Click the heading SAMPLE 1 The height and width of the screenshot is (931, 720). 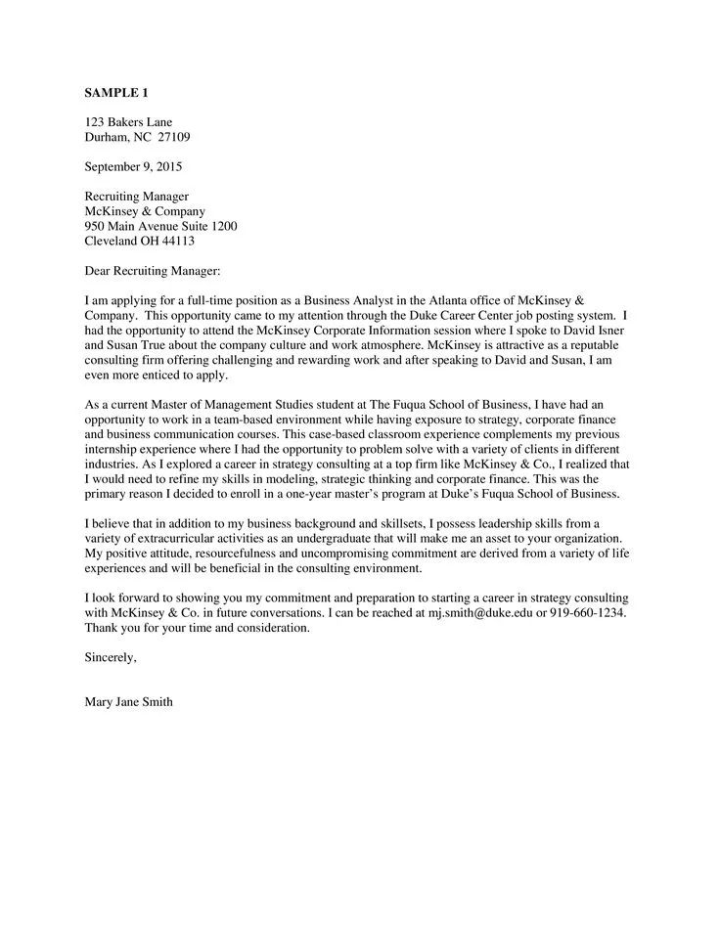click(116, 93)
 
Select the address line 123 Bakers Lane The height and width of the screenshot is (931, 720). click(128, 122)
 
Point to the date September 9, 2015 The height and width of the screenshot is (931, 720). click(133, 166)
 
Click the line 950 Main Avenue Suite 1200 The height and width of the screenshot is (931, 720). click(160, 226)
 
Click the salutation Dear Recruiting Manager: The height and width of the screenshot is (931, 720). click(153, 270)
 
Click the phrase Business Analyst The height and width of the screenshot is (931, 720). click(349, 300)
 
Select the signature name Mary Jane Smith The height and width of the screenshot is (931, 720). click(129, 701)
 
